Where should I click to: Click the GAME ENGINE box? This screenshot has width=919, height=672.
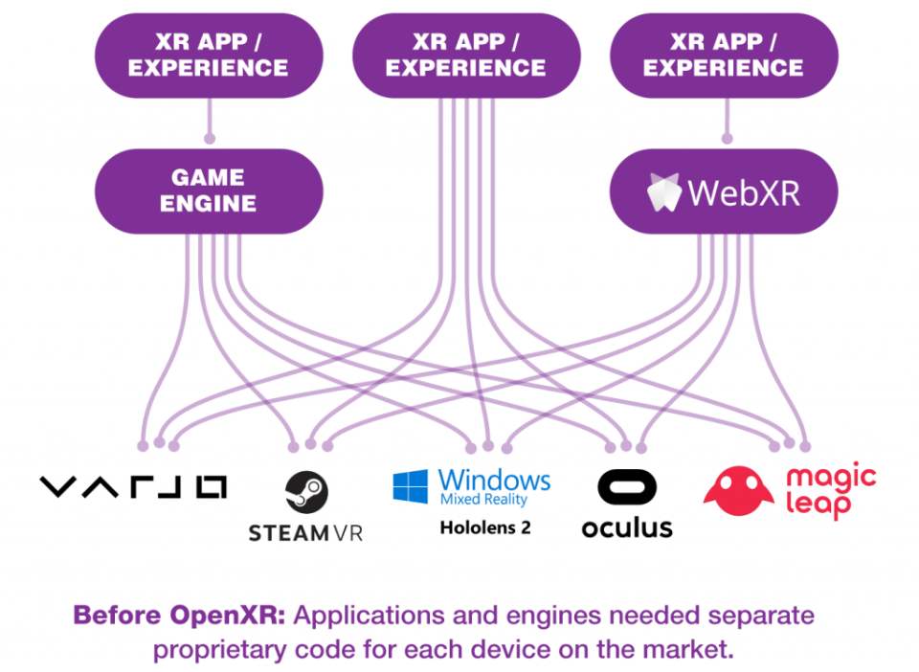point(209,190)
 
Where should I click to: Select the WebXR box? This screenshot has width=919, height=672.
point(724,191)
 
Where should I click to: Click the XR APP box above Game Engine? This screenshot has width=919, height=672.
point(209,56)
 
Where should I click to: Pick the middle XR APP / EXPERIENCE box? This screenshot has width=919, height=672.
point(466,56)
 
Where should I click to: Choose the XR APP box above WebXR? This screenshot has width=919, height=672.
point(724,56)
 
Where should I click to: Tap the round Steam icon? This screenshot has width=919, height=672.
point(306,491)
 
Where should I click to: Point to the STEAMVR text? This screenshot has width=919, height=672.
point(305,532)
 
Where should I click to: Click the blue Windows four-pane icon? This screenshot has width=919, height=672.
point(411,486)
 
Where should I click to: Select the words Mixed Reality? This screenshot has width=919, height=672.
point(483,500)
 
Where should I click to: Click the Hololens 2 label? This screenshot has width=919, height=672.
point(484,527)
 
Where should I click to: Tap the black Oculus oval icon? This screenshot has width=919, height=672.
point(627,486)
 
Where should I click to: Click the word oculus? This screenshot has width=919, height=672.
point(627,526)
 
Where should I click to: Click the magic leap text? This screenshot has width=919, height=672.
point(831,489)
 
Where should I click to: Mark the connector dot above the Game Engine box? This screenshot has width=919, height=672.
point(209,138)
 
